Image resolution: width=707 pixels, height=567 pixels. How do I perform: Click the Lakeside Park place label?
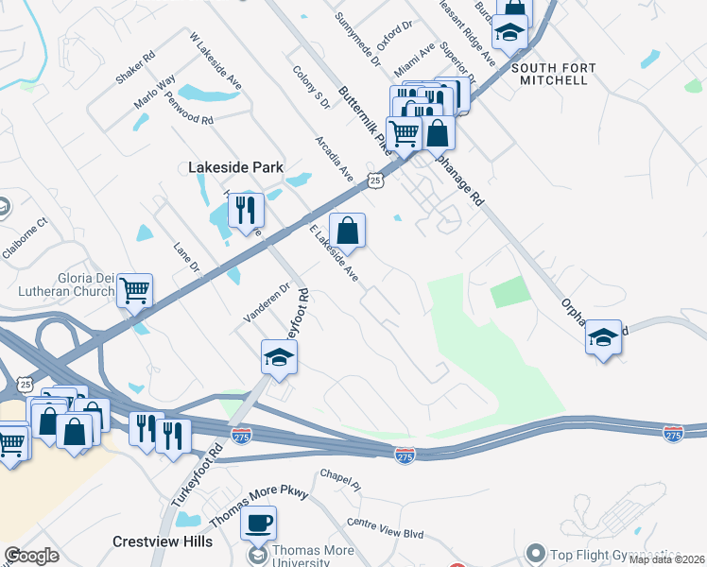(x=235, y=167)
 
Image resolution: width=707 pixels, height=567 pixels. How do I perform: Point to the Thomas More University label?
(x=313, y=557)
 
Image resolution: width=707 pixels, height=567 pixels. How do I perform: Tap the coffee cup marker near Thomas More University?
(x=259, y=522)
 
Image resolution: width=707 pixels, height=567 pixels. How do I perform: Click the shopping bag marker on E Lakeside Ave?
(x=347, y=231)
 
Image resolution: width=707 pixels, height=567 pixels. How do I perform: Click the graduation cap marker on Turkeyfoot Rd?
(x=279, y=357)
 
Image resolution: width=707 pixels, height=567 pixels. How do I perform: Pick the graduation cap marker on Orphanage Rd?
(x=603, y=337)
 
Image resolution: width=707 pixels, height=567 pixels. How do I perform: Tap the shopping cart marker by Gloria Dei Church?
(x=135, y=290)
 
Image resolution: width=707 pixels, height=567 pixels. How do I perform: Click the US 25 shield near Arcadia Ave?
(x=375, y=180)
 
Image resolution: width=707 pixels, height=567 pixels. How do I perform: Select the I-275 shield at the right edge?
(x=673, y=434)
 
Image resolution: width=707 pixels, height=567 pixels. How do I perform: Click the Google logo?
(x=32, y=556)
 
